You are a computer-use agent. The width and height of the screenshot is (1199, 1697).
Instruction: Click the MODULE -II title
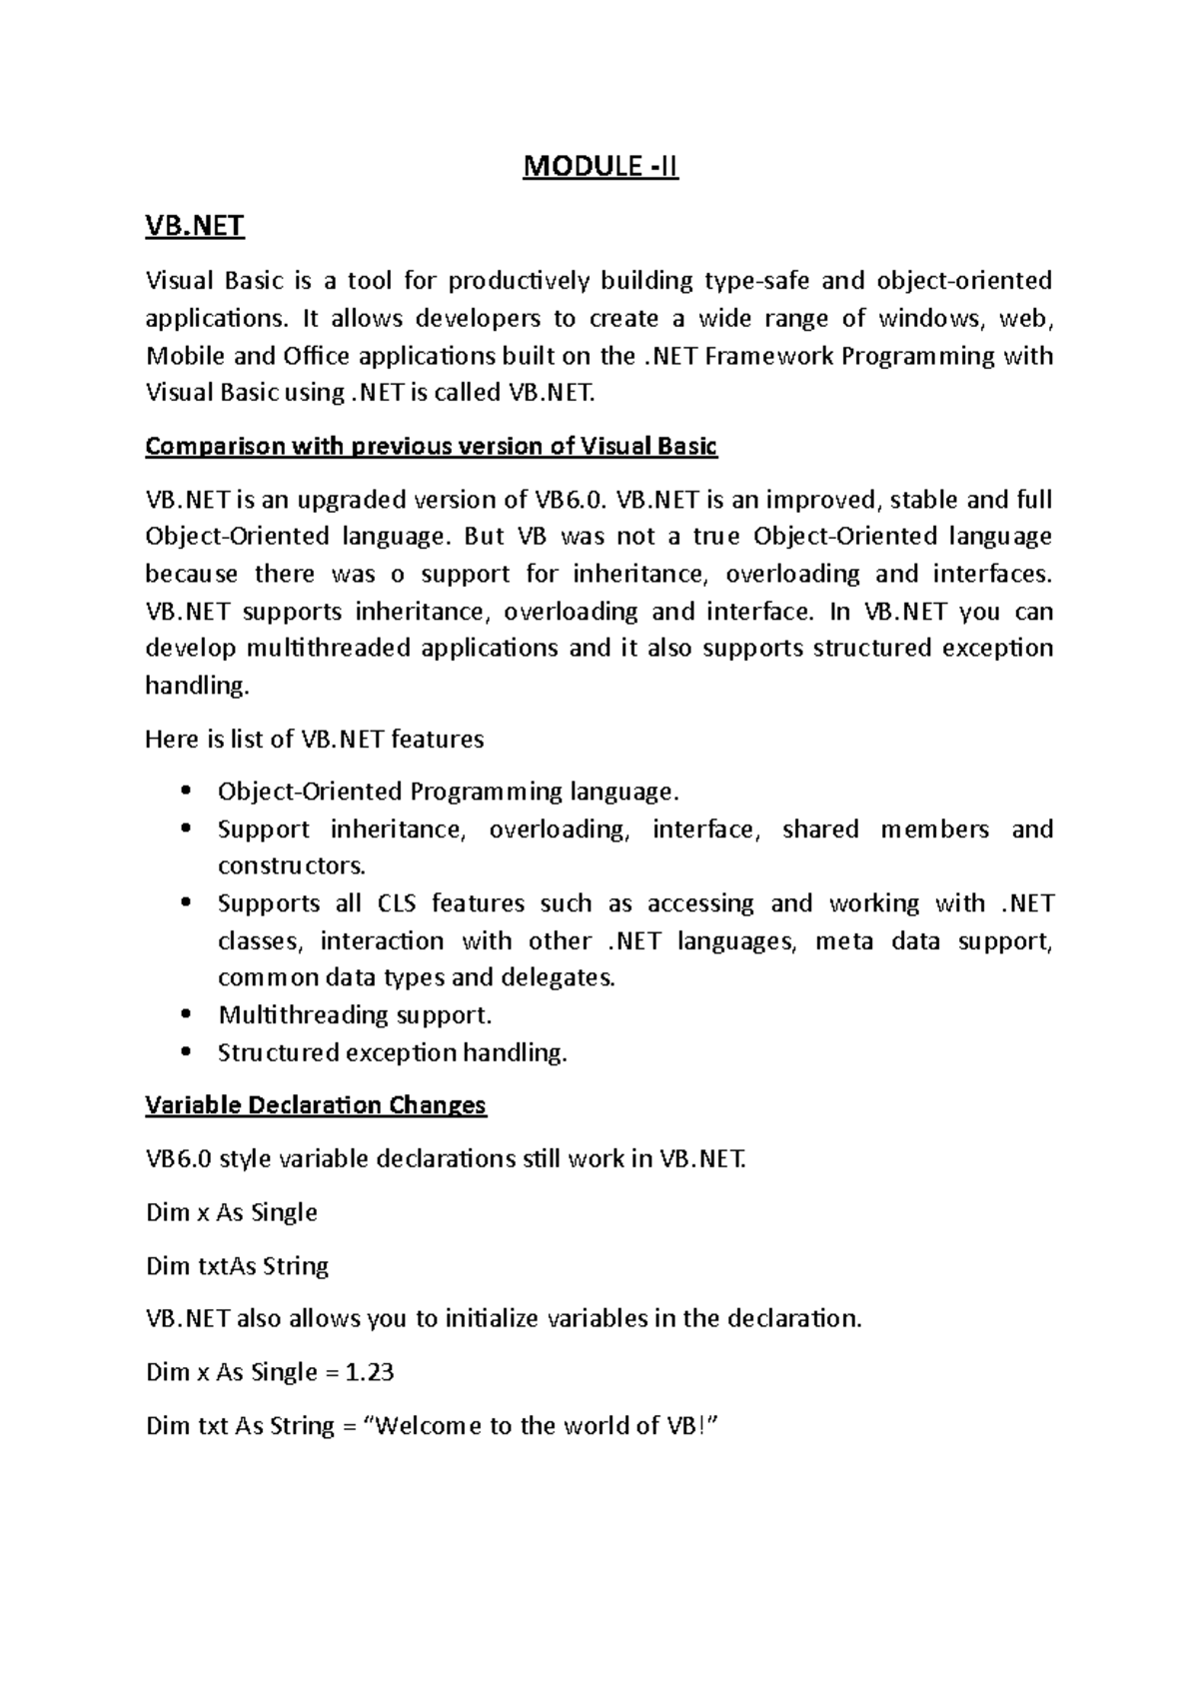[x=600, y=167]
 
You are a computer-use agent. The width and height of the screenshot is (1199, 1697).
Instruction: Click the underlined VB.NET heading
[x=195, y=226]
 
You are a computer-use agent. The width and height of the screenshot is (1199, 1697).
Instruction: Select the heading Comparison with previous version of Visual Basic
[x=431, y=446]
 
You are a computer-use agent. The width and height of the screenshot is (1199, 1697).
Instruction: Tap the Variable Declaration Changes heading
[x=316, y=1104]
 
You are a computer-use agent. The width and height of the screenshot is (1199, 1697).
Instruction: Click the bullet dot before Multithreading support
[x=187, y=1014]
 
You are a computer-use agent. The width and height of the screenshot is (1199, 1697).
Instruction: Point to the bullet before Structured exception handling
[x=187, y=1052]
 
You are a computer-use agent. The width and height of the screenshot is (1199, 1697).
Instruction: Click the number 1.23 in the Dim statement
[x=369, y=1372]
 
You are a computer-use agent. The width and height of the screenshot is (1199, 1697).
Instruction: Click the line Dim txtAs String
[x=237, y=1266]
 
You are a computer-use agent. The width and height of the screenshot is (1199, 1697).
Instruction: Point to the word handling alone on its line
[x=194, y=686]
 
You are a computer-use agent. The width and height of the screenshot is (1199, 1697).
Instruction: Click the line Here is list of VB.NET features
[x=315, y=740]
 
